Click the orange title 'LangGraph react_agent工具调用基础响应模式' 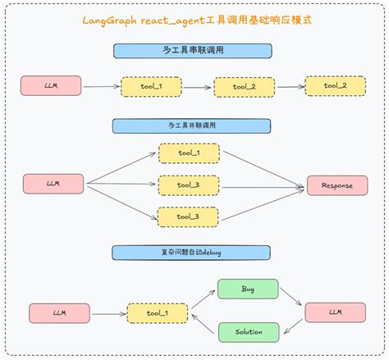(x=194, y=20)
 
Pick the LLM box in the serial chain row (x=53, y=85)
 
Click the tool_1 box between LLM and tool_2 (x=151, y=87)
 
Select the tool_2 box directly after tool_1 (x=244, y=87)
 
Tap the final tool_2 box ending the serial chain (x=336, y=85)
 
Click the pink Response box (x=337, y=185)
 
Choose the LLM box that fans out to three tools (x=53, y=185)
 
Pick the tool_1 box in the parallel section (x=188, y=153)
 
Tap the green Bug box (x=248, y=289)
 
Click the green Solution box (x=248, y=332)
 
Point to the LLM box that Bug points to (x=335, y=312)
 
